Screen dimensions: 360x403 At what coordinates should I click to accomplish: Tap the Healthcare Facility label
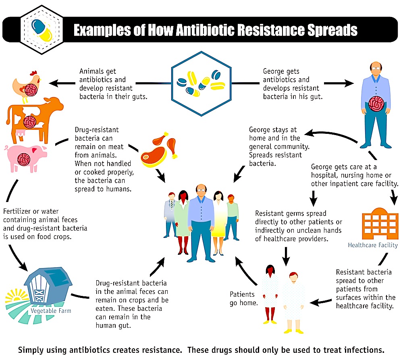click(373, 245)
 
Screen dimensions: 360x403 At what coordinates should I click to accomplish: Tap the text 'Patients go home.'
click(243, 298)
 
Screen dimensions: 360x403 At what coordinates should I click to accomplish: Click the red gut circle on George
click(376, 104)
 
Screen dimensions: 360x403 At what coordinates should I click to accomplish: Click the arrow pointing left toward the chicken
click(60, 84)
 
